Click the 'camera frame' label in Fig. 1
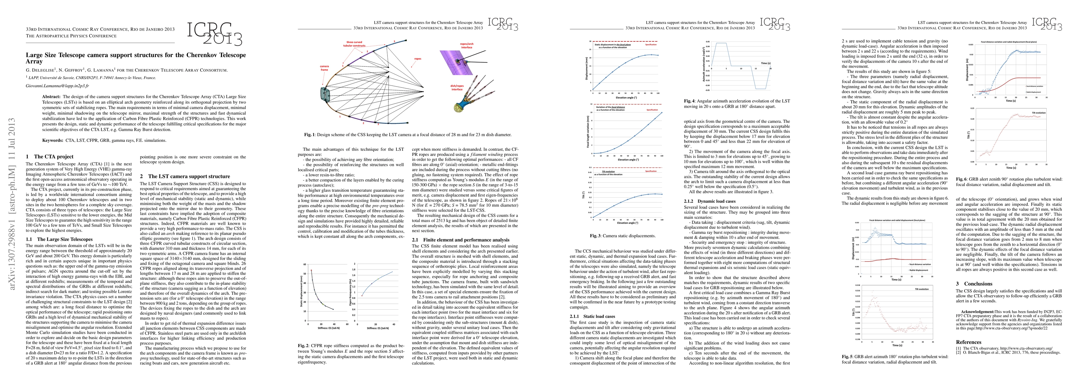pos(324,68)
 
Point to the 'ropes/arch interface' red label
pos(466,46)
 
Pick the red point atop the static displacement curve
pos(311,270)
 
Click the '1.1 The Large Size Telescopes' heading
pos(59,239)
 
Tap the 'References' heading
pos(968,342)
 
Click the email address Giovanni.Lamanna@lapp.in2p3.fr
pos(57,86)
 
